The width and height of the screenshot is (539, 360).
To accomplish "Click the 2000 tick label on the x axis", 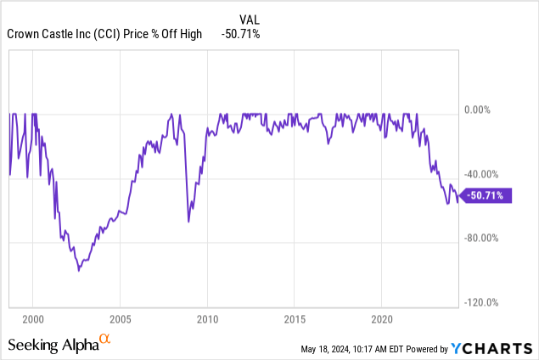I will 32,322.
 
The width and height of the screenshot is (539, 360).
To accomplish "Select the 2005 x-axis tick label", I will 120,322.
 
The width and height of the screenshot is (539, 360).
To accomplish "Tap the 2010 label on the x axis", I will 207,322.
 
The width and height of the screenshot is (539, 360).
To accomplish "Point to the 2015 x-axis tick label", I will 294,322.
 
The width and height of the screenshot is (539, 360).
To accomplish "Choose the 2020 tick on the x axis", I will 381,322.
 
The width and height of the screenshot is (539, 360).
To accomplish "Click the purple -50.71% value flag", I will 489,195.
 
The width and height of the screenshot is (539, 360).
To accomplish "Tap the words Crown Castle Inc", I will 46,34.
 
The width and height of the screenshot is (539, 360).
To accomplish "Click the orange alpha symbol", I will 105,340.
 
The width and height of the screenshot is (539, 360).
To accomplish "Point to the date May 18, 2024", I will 333,348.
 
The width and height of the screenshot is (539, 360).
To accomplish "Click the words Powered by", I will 431,348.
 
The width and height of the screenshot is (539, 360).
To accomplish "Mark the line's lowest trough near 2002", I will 79,271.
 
